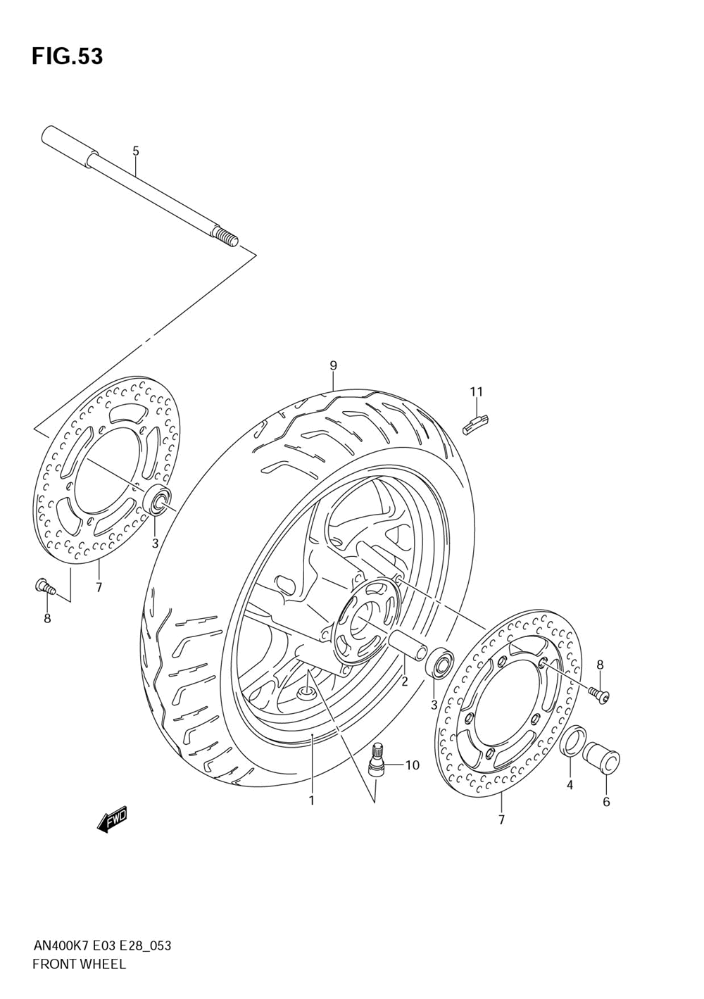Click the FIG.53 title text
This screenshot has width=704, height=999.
point(67,56)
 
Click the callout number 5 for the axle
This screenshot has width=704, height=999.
point(136,151)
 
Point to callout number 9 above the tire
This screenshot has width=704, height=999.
point(333,365)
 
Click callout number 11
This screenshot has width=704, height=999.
point(477,391)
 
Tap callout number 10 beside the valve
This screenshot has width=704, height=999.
point(412,765)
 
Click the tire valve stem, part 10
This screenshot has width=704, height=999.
point(377,759)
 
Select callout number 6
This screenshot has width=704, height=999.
point(606,801)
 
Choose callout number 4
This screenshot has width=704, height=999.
point(570,785)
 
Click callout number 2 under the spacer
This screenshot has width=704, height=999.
point(405,681)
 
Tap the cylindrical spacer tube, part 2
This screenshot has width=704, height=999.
point(407,646)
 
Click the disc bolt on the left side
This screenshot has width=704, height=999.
point(44,585)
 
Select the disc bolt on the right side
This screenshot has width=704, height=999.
point(601,696)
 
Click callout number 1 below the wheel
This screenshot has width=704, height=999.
point(311,800)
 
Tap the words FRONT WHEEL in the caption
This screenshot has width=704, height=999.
point(80,965)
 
